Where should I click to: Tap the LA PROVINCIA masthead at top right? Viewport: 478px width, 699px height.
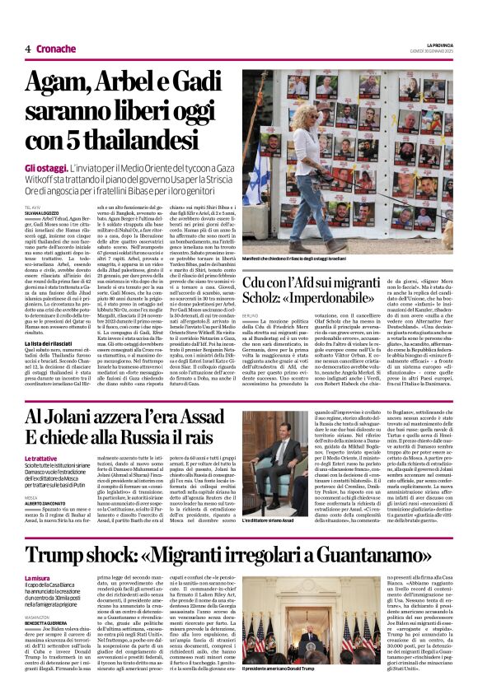coord(437,44)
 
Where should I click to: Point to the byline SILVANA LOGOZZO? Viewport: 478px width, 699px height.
coord(41,214)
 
